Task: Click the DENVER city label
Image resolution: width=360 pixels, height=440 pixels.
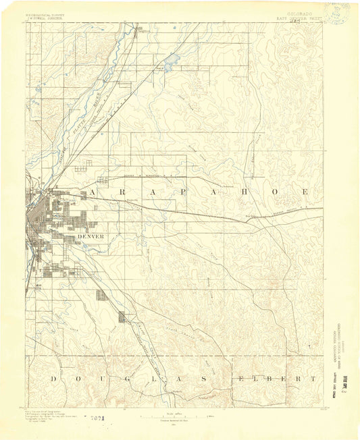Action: click(x=91, y=237)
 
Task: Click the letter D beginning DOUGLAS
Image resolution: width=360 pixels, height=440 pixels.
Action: click(x=52, y=379)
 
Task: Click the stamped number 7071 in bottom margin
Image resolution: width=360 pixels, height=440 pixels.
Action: click(x=97, y=419)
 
